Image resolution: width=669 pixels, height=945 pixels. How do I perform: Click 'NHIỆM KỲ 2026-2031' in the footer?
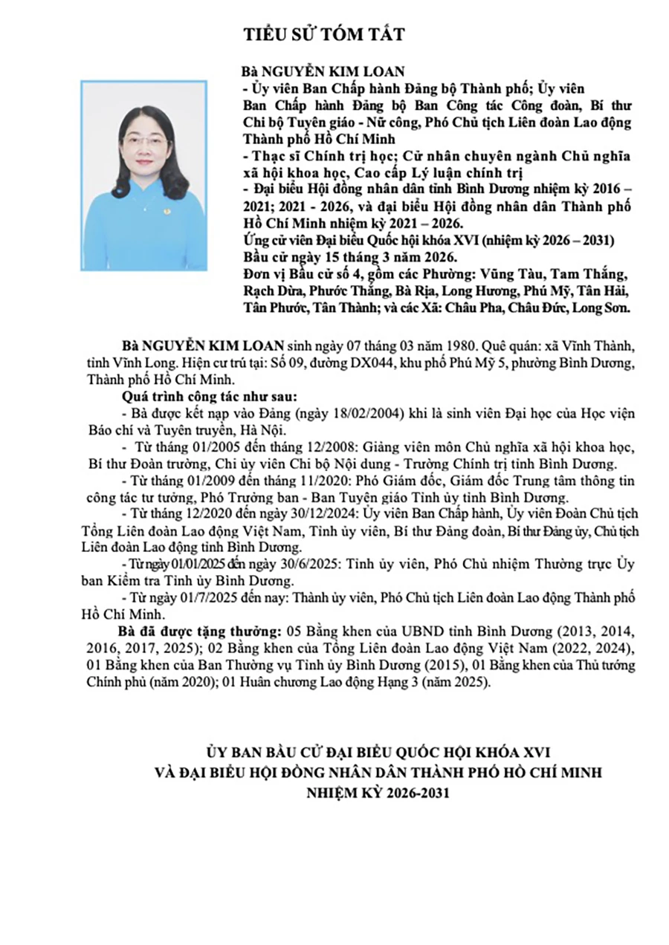(378, 792)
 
